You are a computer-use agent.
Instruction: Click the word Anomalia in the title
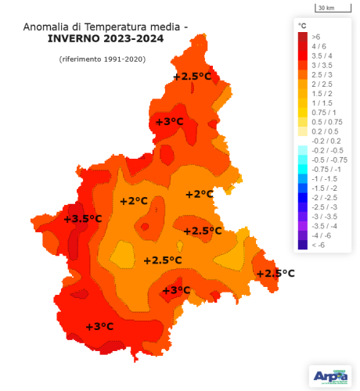(49, 27)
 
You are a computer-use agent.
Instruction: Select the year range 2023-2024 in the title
(130, 38)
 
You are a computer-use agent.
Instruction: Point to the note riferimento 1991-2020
(102, 59)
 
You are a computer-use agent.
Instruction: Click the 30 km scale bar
(326, 8)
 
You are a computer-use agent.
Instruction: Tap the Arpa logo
(329, 375)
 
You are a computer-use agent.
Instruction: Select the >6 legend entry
(315, 37)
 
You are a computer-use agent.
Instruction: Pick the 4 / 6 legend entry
(319, 46)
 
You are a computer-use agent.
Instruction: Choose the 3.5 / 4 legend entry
(321, 56)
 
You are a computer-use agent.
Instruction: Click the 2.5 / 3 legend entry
(321, 74)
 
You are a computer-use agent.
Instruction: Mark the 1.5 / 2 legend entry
(321, 93)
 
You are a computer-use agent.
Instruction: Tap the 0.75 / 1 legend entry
(322, 112)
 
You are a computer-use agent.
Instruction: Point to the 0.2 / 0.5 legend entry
(322, 131)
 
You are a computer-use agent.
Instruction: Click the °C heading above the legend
(302, 26)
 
